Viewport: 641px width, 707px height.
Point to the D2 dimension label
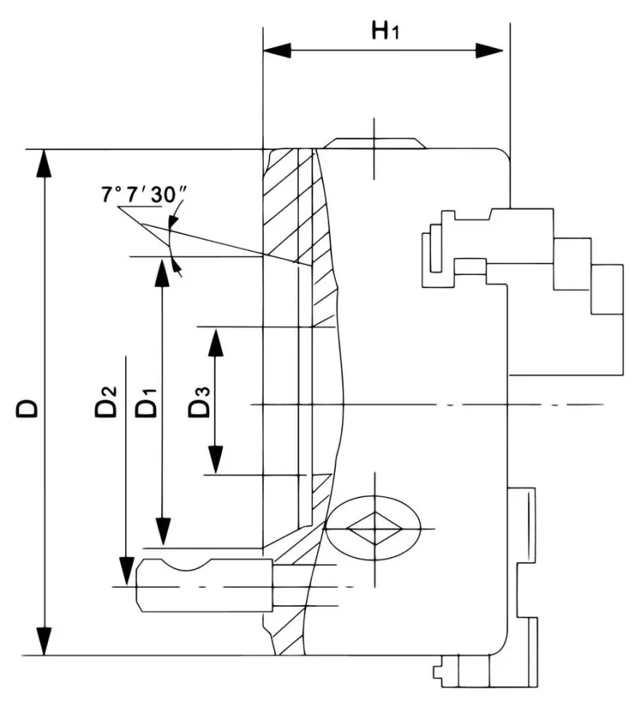[107, 402]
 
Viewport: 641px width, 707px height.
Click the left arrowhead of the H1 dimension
[276, 50]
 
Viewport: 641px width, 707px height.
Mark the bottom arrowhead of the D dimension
[46, 641]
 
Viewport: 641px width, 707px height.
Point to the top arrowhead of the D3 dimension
[216, 341]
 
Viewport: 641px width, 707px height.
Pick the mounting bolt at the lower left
[204, 586]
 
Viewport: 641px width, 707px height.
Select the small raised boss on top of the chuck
[374, 143]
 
